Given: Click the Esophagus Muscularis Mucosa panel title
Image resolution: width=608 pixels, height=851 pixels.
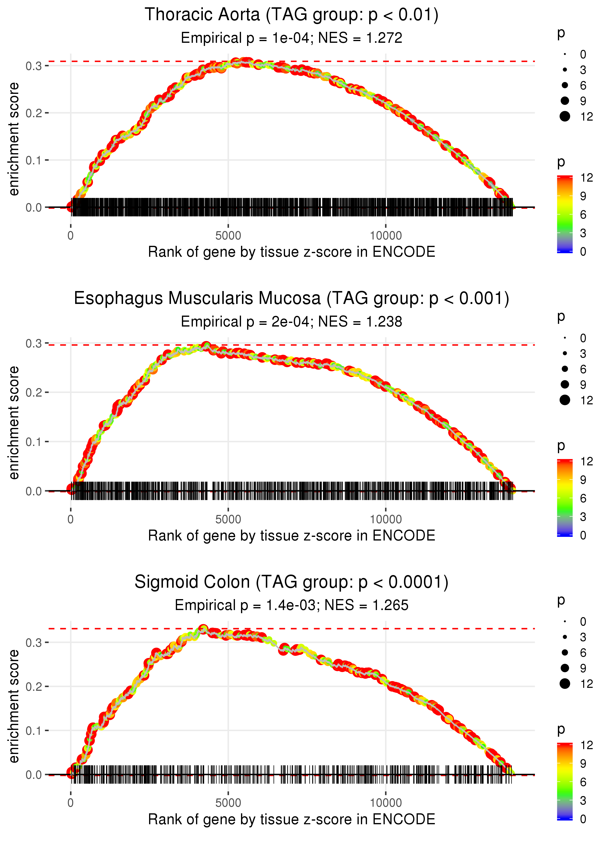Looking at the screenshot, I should (291, 299).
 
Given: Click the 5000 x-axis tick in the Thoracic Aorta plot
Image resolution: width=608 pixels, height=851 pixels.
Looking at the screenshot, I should (228, 236).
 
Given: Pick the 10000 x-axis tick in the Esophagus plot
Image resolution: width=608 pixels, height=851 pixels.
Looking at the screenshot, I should (386, 519).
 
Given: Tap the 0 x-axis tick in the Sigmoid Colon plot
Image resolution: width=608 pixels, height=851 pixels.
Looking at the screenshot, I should (71, 803).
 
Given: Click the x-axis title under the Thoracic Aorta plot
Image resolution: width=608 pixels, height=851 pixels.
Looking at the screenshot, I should (291, 252).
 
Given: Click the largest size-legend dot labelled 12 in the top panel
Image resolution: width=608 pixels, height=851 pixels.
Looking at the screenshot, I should (564, 116).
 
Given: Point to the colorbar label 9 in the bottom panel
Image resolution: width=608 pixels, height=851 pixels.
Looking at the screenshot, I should (583, 763).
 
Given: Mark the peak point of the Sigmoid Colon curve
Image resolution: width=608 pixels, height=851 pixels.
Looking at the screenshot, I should (203, 629).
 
